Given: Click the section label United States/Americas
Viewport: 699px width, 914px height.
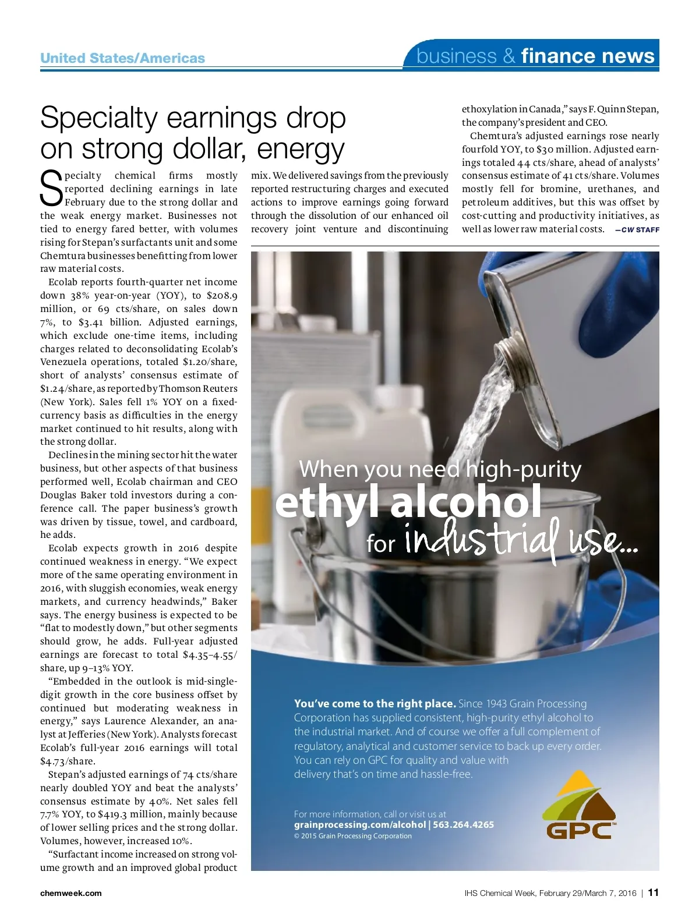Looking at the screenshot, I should pos(122,58).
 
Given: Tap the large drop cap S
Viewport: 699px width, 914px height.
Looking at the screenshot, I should pos(51,187).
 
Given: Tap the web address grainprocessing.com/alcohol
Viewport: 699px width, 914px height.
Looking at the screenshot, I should pos(359,825).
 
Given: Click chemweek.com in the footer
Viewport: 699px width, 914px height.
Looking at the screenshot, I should pos(70,893).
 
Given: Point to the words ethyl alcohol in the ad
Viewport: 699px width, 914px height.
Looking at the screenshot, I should pos(408,502).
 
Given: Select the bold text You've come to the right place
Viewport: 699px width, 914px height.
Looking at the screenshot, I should pos(375,704).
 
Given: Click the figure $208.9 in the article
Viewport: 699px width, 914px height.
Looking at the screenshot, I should pos(222,296).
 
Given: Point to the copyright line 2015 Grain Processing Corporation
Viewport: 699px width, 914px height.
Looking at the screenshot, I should pos(352,836).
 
